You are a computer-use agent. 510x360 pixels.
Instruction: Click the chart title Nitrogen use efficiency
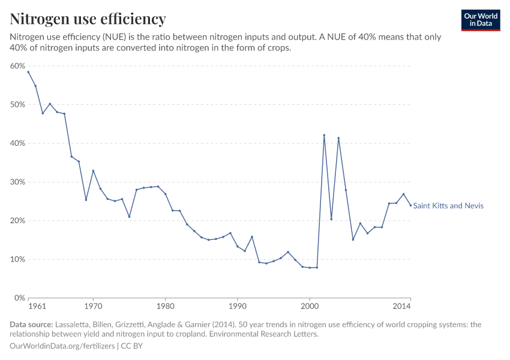pos(88,19)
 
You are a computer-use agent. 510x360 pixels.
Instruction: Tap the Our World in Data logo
pos(480,20)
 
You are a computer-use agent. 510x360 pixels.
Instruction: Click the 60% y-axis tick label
pos(18,66)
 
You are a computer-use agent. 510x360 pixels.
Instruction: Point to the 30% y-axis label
pos(18,182)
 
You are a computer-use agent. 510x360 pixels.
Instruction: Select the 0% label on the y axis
pos(20,298)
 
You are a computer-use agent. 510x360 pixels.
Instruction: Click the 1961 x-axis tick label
pos(37,307)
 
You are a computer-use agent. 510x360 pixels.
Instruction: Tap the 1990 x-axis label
pos(238,307)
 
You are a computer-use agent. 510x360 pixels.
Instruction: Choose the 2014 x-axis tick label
pos(401,307)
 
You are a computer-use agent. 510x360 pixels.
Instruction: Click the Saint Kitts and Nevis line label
pos(448,206)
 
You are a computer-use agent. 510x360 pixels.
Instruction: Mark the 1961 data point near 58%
pos(28,72)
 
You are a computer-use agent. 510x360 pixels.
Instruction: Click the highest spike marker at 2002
pos(324,135)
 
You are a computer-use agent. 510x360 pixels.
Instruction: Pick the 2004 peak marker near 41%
pos(338,138)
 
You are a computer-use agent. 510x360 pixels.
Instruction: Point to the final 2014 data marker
pos(410,205)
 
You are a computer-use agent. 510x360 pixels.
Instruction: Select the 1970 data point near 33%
pos(93,171)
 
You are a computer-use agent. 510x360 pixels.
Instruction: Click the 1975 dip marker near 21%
pos(129,217)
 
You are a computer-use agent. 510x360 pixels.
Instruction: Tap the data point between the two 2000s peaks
pos(331,219)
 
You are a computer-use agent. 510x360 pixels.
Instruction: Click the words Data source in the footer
pos(30,325)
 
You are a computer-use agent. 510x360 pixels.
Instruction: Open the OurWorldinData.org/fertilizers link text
pos(63,346)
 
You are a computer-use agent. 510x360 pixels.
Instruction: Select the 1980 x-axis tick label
pos(165,307)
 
